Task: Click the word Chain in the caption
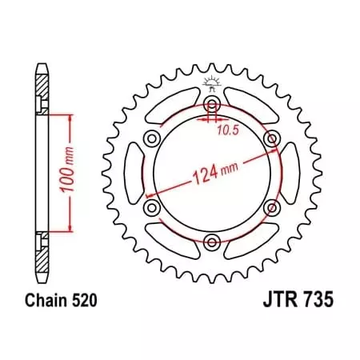pos(40,302)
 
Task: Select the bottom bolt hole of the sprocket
pos(211,242)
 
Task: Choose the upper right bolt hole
pos(271,139)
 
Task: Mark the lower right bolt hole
pos(271,208)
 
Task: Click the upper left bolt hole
pos(151,139)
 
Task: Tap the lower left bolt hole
pos(151,208)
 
